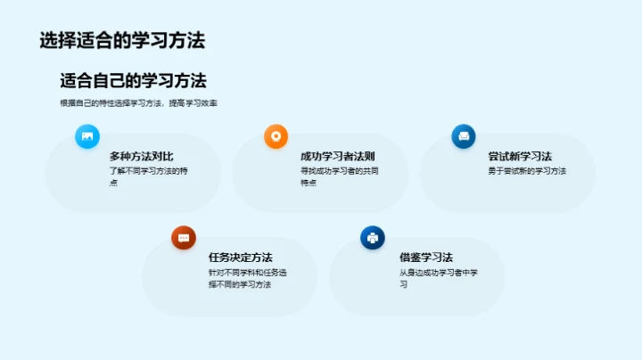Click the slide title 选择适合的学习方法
[122, 40]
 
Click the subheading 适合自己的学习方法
[133, 80]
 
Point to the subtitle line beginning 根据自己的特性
[139, 103]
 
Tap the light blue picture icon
[87, 136]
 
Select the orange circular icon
[276, 136]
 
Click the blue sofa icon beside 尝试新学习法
[464, 136]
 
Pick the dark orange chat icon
[184, 237]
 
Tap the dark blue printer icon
[372, 237]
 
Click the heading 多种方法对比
[140, 156]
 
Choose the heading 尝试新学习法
[520, 156]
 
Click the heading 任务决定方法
[240, 258]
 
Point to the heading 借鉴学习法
[426, 258]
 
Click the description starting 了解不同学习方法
[148, 176]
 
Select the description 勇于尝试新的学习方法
[527, 171]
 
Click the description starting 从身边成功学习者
[440, 278]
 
